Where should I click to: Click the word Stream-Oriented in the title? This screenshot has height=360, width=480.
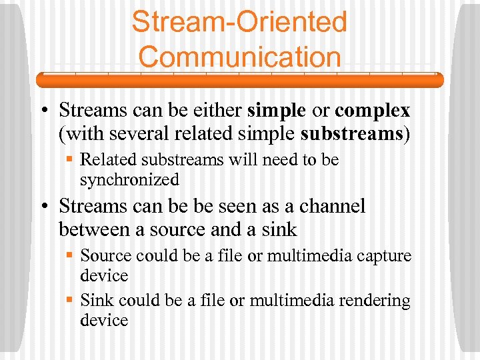tap(239, 21)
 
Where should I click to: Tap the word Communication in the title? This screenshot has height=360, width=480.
tap(239, 56)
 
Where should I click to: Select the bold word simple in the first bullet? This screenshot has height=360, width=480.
tap(276, 110)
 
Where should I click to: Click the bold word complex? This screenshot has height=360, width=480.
tap(372, 110)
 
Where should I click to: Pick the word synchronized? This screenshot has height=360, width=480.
tap(129, 180)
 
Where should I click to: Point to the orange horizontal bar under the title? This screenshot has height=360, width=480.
tap(239, 81)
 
